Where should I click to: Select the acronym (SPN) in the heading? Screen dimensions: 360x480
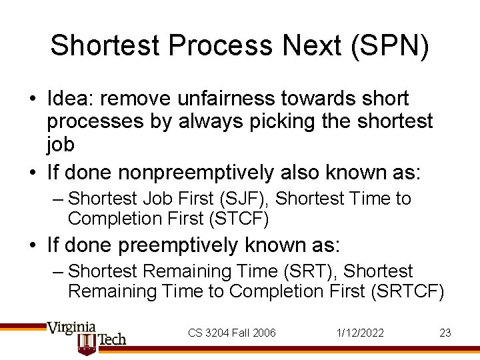pos(399,45)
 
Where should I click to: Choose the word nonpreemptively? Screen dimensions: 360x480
pos(196,173)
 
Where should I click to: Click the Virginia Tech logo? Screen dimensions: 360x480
pos(86,337)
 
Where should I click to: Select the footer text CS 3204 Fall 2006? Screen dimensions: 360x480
pos(231,333)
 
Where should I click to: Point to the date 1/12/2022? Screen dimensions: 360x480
pos(360,333)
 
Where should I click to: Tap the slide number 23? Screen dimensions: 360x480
pos(445,333)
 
